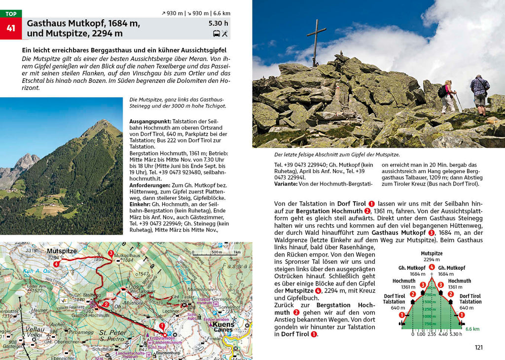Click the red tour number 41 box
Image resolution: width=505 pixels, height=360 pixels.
click(x=10, y=29)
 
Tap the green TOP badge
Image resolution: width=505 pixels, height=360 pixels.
click(x=10, y=14)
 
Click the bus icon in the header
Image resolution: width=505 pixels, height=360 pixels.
click(x=216, y=34)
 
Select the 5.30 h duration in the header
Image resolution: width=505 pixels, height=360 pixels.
click(x=218, y=23)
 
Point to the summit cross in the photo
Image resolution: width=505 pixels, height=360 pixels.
click(x=316, y=42)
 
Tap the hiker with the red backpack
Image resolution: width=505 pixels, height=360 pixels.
click(x=448, y=96)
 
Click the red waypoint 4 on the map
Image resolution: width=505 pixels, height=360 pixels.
click(x=57, y=264)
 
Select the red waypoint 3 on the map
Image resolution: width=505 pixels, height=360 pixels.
click(x=111, y=253)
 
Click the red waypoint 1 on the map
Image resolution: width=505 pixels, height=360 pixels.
click(x=163, y=326)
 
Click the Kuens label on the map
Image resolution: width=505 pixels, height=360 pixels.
click(x=223, y=325)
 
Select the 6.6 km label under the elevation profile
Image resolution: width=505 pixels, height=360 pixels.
click(x=472, y=328)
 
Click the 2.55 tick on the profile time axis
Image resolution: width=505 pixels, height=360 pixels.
click(x=432, y=334)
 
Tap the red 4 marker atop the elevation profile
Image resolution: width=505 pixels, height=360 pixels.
click(x=432, y=268)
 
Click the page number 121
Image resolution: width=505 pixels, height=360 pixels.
click(x=478, y=347)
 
